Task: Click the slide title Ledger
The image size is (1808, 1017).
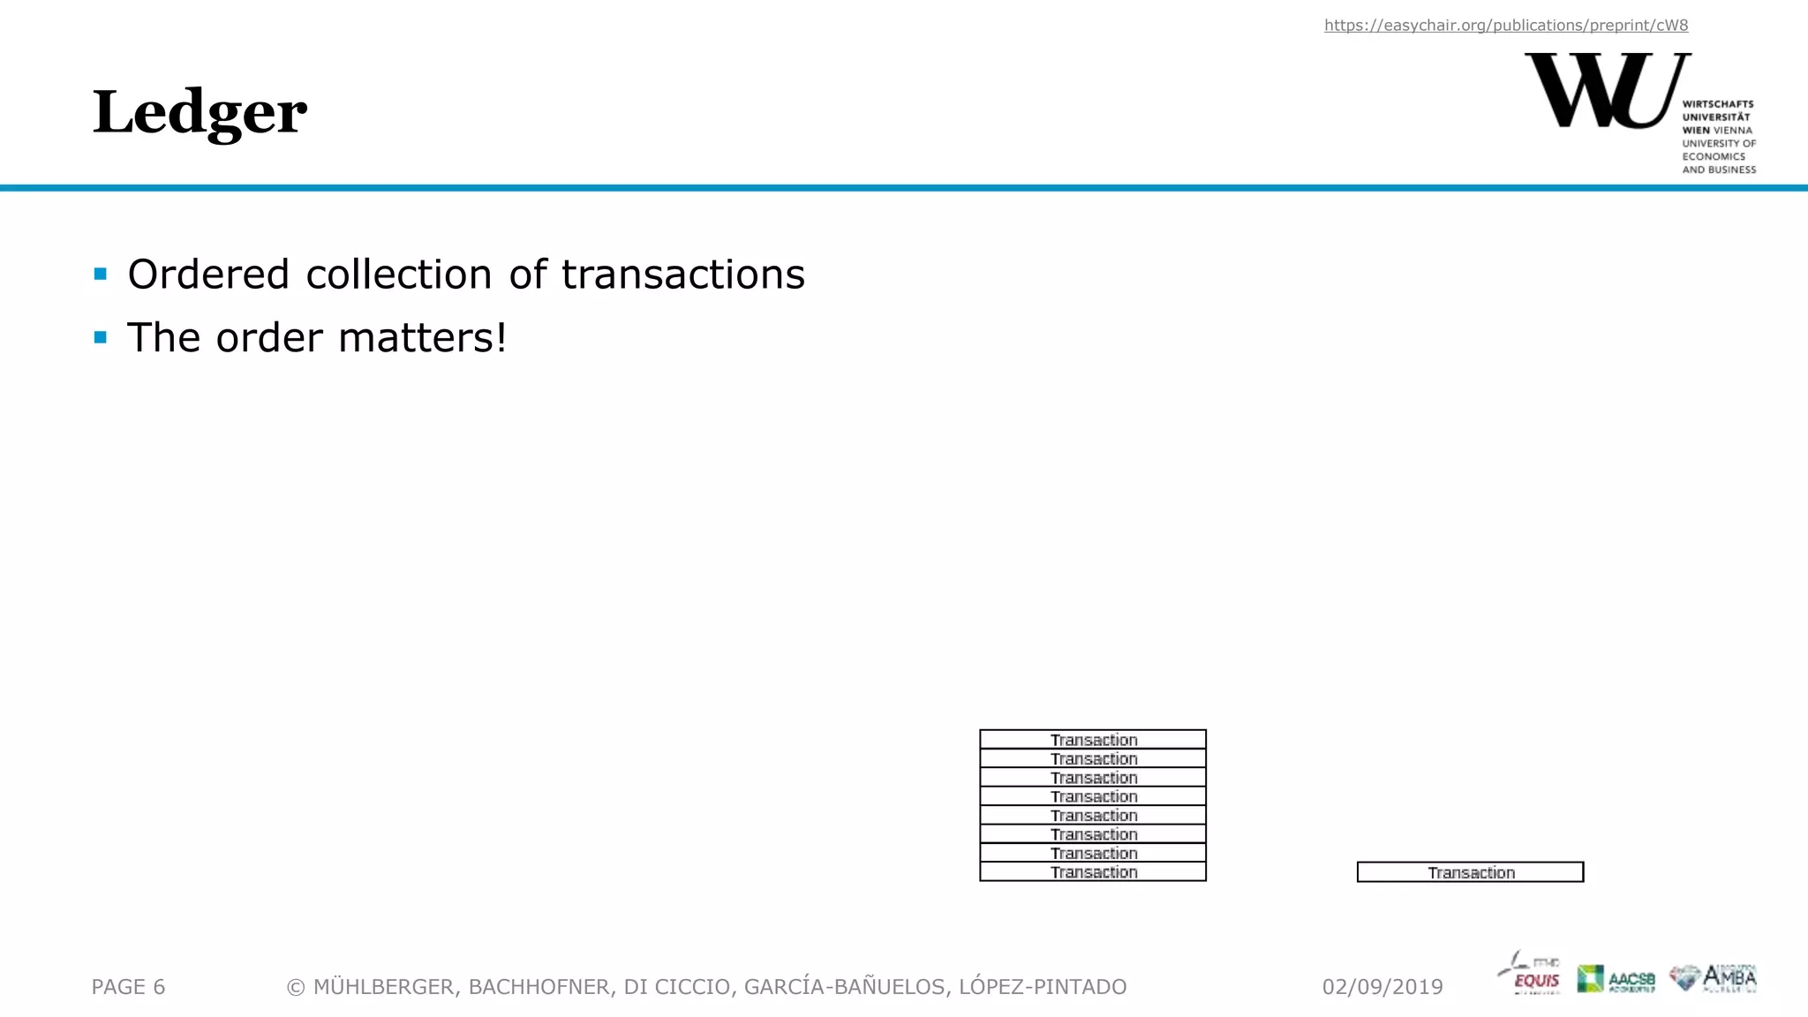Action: click(x=200, y=113)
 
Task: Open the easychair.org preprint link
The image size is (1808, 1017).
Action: click(x=1505, y=26)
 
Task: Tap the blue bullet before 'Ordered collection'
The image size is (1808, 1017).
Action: click(x=101, y=274)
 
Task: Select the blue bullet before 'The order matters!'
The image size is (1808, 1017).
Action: click(x=101, y=337)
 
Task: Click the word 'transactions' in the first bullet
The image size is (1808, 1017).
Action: click(x=682, y=275)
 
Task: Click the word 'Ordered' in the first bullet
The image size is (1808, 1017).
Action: click(x=208, y=275)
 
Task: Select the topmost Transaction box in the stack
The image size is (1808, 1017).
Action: click(x=1093, y=740)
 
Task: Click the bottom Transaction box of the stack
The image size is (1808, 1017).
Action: click(x=1093, y=872)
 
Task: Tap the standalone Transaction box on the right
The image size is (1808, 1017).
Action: click(x=1470, y=872)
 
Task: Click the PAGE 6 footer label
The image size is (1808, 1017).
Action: click(x=129, y=987)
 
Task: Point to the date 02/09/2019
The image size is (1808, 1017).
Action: click(x=1382, y=987)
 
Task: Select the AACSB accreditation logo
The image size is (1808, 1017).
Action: click(x=1616, y=978)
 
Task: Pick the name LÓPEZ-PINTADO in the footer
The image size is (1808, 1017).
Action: click(x=1043, y=987)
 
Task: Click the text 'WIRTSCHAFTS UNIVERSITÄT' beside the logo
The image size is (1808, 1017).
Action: click(x=1717, y=110)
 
